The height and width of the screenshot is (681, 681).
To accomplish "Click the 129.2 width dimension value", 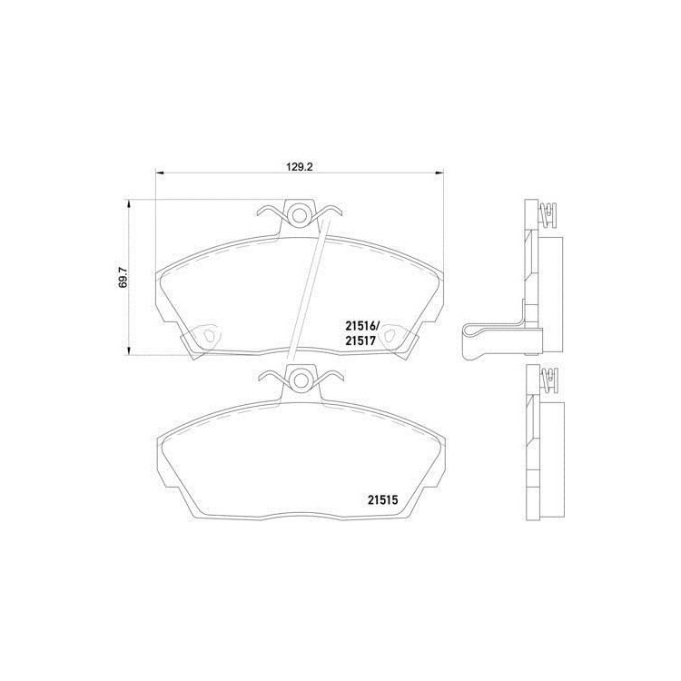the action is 300,166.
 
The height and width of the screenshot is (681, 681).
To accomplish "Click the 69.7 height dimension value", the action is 123,278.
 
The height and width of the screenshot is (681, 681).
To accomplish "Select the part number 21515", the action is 383,500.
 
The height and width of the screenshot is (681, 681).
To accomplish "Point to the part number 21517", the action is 360,340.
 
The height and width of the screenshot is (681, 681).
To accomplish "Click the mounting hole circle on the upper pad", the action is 300,214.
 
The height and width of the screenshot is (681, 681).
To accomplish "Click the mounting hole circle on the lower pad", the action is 300,380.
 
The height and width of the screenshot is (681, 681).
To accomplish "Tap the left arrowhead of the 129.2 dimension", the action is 160,173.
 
